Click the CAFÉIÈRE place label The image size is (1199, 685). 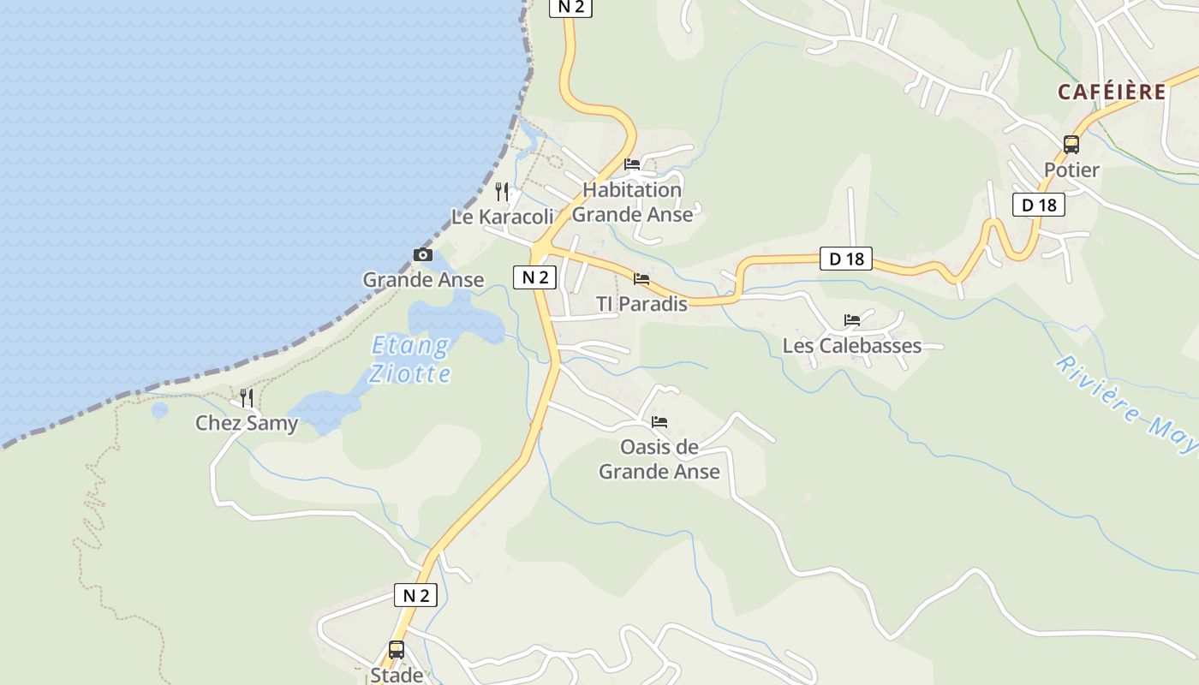pos(1112,92)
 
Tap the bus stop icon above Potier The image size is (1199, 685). pos(1071,145)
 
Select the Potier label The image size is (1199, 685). pos(1071,170)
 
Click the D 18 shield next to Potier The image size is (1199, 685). pos(1039,205)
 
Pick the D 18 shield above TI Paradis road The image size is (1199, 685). pos(846,259)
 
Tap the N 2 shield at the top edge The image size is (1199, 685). pos(570,7)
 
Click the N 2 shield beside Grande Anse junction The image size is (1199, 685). pos(535,277)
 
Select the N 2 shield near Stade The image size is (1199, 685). pos(415,595)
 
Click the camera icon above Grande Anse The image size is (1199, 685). pos(422,254)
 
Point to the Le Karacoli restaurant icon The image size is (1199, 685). pos(502,192)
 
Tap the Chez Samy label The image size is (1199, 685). pos(247,423)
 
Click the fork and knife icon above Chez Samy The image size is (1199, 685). pos(247,397)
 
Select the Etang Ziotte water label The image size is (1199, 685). pos(410,360)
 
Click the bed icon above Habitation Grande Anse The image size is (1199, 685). pos(632,164)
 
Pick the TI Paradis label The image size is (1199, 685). pos(641,304)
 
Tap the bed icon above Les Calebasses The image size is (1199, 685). pos(851,320)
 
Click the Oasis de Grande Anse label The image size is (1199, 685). pos(659,459)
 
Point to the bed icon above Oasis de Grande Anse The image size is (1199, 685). pos(659,422)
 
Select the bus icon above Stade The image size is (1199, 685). pos(396,650)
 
